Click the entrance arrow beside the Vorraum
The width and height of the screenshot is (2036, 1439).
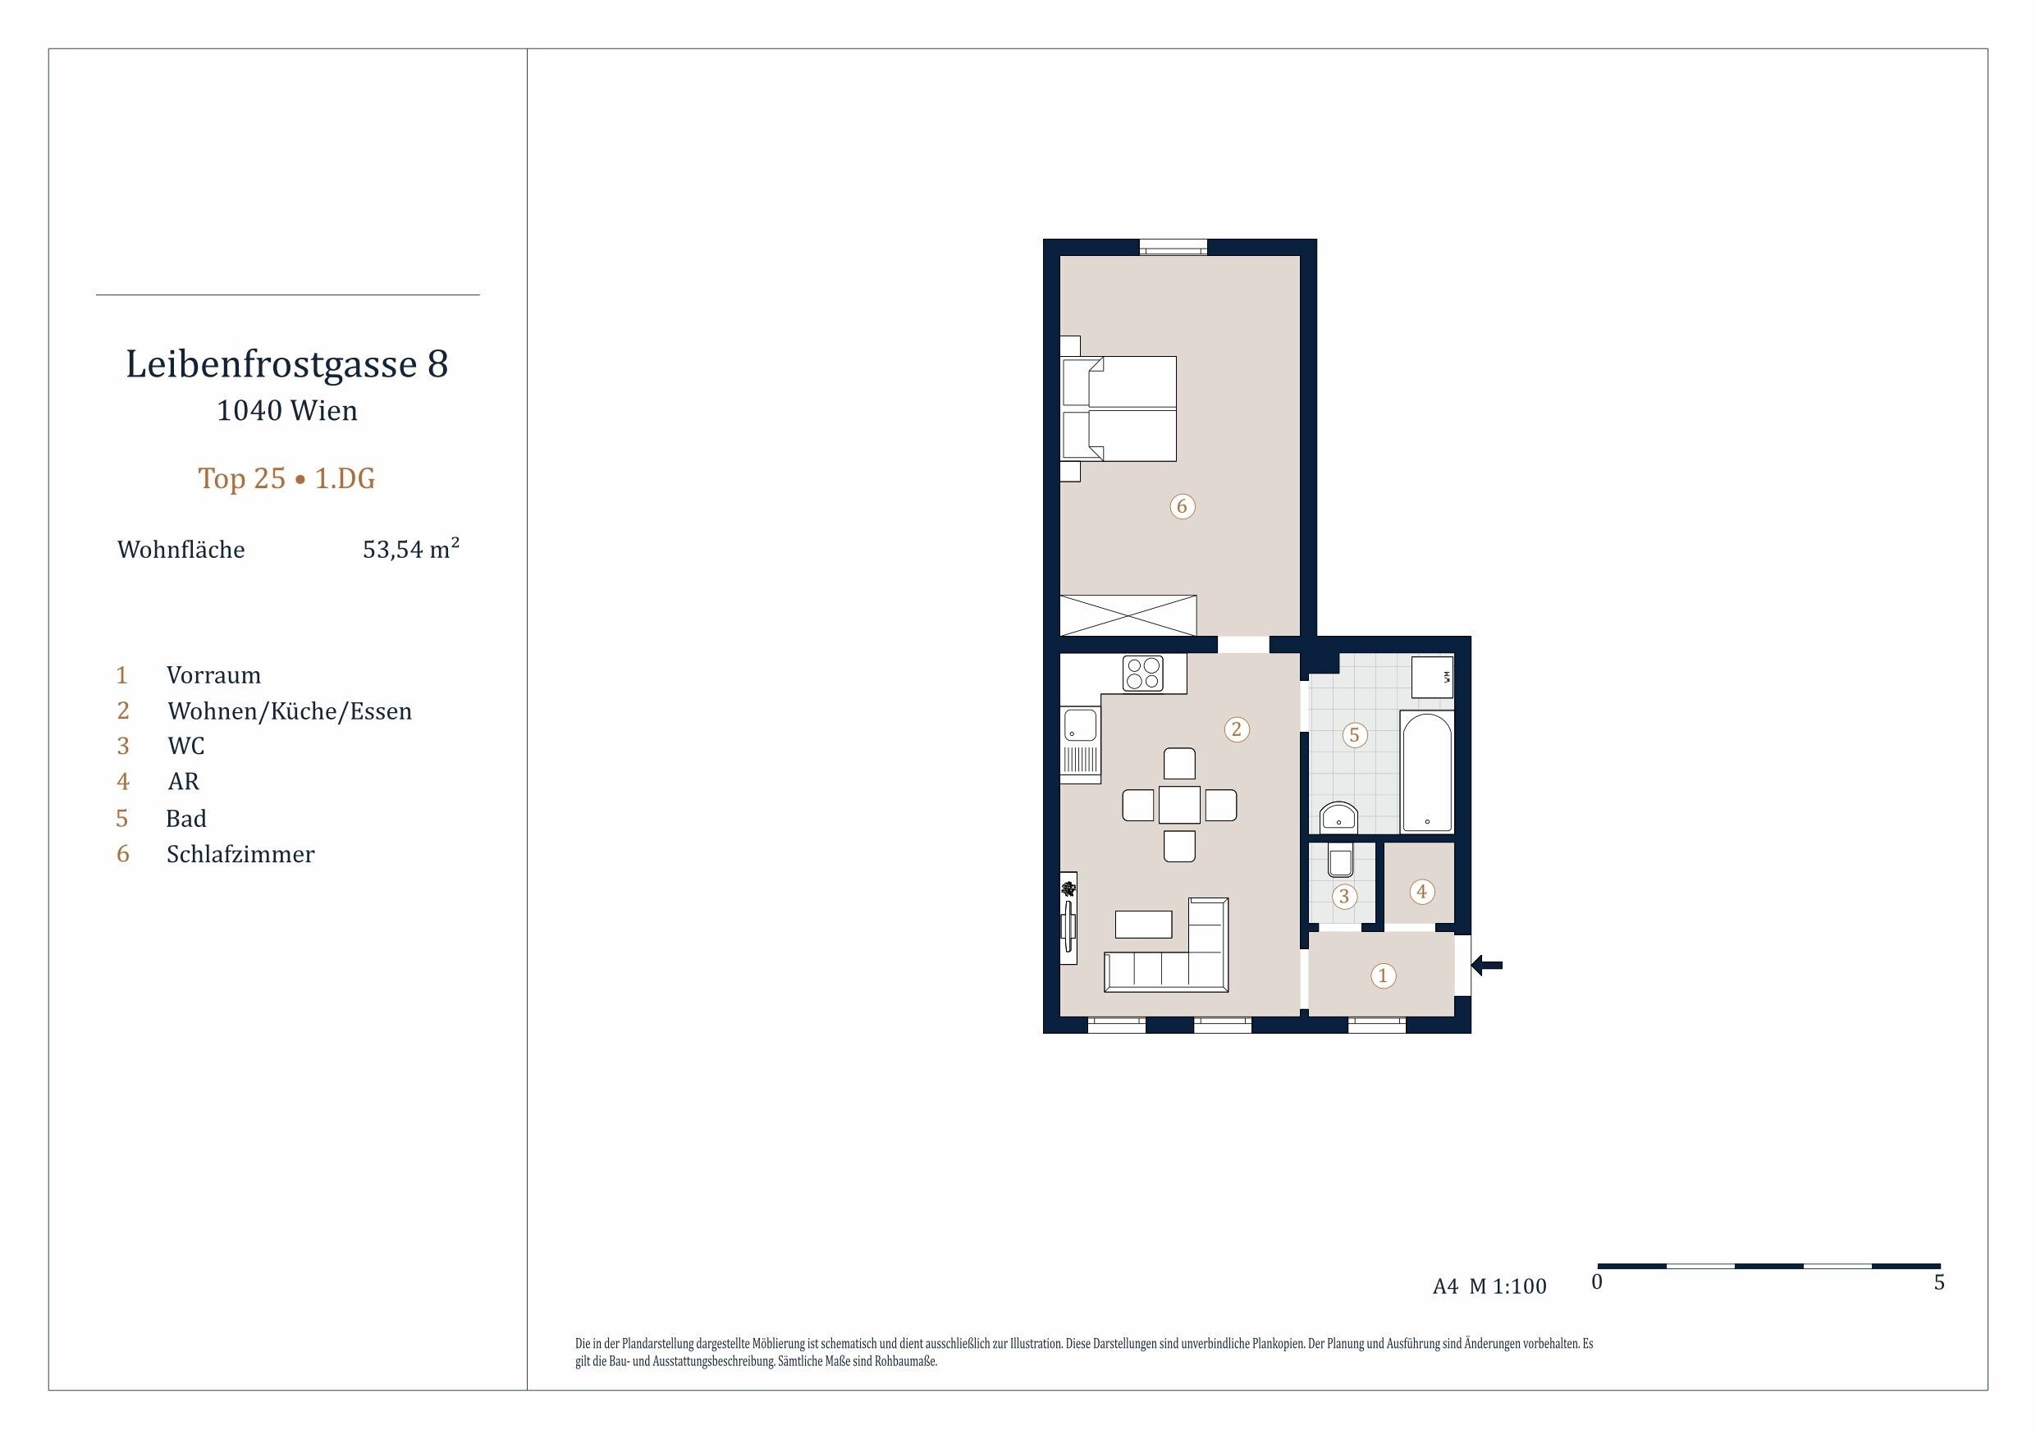point(1487,965)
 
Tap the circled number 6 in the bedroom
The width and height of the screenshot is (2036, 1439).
point(1181,506)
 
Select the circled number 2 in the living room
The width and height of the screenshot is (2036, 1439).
point(1236,729)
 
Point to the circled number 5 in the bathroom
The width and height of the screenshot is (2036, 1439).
point(1354,735)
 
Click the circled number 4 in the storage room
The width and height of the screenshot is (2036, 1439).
point(1421,891)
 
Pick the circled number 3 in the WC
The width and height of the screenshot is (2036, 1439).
point(1344,897)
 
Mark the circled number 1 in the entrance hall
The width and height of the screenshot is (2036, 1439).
point(1383,976)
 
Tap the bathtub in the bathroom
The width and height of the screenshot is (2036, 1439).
point(1427,772)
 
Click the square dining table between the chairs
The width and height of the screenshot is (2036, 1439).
point(1179,805)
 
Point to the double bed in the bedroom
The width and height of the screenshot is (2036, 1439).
point(1119,409)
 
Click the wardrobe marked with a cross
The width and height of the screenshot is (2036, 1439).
point(1128,615)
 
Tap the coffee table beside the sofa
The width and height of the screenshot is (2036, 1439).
point(1144,924)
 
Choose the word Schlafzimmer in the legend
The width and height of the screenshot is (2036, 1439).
point(240,855)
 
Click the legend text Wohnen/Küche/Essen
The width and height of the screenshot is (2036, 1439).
point(290,711)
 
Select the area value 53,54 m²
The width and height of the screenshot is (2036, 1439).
point(411,549)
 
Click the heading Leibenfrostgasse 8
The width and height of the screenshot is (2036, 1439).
point(287,363)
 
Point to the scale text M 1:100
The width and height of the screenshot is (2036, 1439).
point(1508,1286)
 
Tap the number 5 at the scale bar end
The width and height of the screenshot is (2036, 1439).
point(1939,1283)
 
